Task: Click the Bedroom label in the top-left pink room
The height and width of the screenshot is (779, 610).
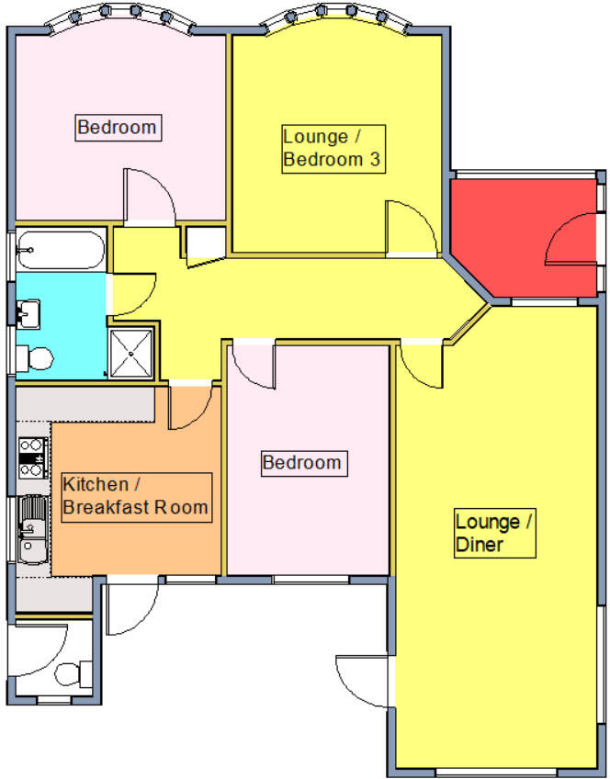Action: coord(118,127)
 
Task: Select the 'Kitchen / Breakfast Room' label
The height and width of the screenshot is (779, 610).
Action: coord(135,496)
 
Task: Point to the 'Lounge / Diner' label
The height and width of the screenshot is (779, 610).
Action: coord(495,534)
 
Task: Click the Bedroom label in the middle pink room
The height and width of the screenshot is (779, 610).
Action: coord(302,462)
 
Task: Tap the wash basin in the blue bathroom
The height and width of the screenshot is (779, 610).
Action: coord(28,313)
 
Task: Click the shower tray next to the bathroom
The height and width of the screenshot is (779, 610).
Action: coord(133,352)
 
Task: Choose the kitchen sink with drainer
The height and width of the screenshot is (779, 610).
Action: coord(32,528)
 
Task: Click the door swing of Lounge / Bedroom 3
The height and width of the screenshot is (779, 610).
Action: coord(406,228)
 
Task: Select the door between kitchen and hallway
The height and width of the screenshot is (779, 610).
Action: coord(193,407)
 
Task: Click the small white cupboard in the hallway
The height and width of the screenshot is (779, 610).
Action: coord(204,243)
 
